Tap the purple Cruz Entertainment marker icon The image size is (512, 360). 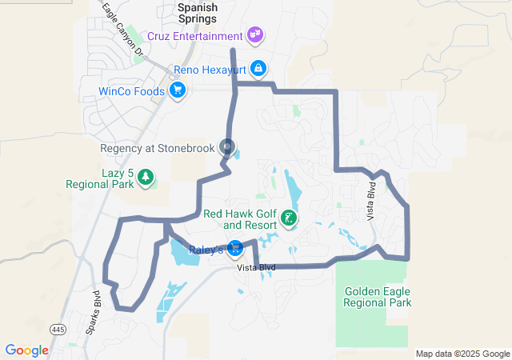(255, 35)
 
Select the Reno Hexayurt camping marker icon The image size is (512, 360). (258, 69)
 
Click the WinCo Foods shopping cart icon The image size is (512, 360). (178, 91)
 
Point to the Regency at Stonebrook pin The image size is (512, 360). (227, 147)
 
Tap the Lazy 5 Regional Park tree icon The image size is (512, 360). (145, 176)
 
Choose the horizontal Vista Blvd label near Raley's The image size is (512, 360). (256, 267)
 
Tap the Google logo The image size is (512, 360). (26, 350)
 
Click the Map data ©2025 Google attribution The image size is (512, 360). (462, 354)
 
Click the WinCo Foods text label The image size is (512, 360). (131, 91)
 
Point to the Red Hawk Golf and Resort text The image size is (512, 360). (239, 219)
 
